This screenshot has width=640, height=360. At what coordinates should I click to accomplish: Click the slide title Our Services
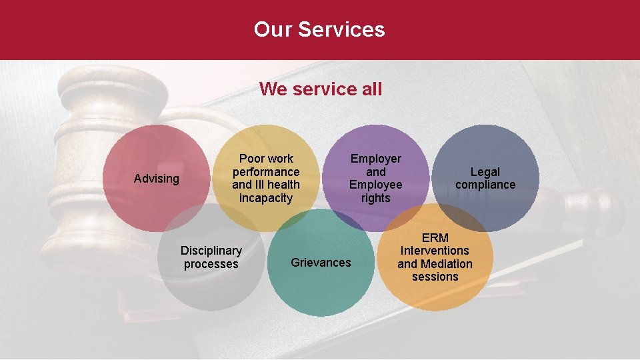pyautogui.click(x=319, y=29)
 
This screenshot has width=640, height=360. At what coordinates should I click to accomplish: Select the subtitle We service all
pyautogui.click(x=321, y=89)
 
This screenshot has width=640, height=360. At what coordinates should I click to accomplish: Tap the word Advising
pyautogui.click(x=157, y=179)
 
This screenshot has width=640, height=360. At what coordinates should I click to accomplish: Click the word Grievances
pyautogui.click(x=321, y=263)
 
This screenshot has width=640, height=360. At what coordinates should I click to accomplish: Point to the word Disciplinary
pyautogui.click(x=211, y=251)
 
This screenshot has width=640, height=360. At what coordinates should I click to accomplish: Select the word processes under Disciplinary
pyautogui.click(x=211, y=264)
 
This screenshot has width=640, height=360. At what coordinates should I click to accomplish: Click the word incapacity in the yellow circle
pyautogui.click(x=266, y=198)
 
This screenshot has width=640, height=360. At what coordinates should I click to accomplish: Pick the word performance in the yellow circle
pyautogui.click(x=266, y=171)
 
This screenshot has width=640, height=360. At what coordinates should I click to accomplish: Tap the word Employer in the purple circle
pyautogui.click(x=376, y=159)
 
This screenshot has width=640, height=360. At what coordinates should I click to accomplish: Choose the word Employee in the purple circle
pyautogui.click(x=376, y=185)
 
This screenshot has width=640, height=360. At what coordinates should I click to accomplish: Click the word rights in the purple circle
pyautogui.click(x=376, y=198)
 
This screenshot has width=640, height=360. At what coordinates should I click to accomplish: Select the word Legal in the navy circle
pyautogui.click(x=485, y=172)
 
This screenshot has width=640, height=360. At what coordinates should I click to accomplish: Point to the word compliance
pyautogui.click(x=485, y=185)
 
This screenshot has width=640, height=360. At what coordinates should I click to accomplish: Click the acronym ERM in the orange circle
pyautogui.click(x=435, y=237)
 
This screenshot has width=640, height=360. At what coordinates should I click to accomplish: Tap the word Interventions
pyautogui.click(x=435, y=251)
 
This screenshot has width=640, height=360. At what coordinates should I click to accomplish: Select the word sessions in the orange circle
pyautogui.click(x=435, y=277)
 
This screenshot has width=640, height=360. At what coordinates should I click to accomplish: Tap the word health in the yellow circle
pyautogui.click(x=284, y=185)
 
